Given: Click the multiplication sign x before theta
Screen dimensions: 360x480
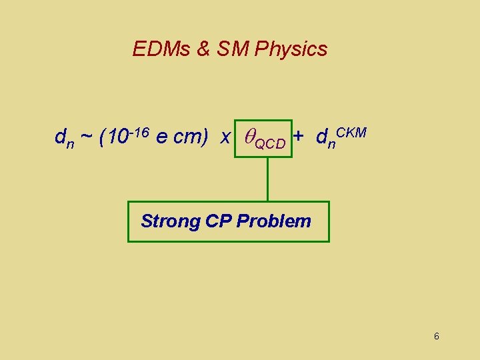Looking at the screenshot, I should pos(225,137).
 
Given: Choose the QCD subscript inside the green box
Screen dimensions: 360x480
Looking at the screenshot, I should pos(271,143).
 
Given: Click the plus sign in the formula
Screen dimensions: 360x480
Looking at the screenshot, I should pos(299,136).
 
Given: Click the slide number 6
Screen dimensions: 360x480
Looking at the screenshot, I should pos(436,336).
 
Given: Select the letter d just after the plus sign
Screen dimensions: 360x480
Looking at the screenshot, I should pos(322,137).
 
